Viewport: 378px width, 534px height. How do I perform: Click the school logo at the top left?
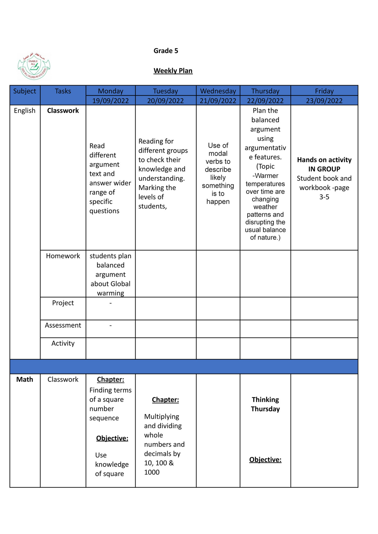click(34, 67)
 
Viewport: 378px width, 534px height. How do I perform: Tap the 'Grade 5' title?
click(166, 51)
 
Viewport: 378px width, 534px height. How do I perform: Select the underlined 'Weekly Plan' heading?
click(173, 71)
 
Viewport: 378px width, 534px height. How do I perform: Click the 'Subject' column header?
click(25, 91)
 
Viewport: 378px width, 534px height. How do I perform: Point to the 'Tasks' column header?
click(63, 91)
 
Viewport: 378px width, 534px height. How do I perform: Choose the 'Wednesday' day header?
click(218, 91)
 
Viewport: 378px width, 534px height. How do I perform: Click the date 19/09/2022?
click(110, 101)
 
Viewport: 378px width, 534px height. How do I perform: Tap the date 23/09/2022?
click(324, 101)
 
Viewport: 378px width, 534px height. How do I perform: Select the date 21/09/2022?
click(218, 101)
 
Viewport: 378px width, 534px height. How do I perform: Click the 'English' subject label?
click(25, 111)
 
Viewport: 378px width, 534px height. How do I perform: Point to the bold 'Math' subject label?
click(25, 380)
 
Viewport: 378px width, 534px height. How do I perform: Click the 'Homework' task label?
click(63, 256)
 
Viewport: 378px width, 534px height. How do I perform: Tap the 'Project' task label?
click(63, 303)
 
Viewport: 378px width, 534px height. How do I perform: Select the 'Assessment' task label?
click(63, 325)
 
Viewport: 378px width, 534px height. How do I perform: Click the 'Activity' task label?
click(63, 343)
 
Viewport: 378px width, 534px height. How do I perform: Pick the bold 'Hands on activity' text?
click(324, 160)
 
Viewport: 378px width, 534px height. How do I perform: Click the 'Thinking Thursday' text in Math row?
click(265, 404)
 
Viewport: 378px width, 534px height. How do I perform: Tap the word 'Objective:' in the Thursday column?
click(265, 460)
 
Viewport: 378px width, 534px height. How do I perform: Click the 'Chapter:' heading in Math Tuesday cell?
click(165, 400)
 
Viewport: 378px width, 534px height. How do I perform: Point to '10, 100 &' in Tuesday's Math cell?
click(159, 463)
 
